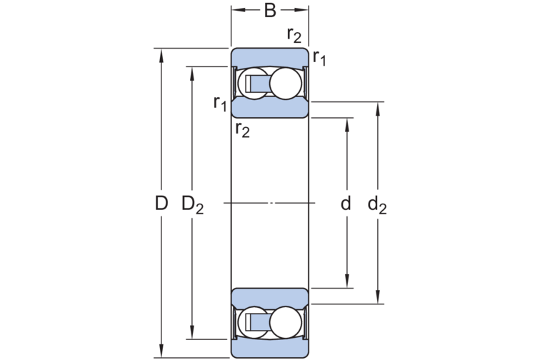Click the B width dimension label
click(x=270, y=10)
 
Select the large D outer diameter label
click(x=161, y=203)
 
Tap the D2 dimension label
click(x=193, y=204)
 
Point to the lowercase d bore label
click(x=346, y=204)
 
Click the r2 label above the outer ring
click(x=294, y=35)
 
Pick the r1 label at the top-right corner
click(x=319, y=58)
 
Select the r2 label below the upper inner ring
click(x=242, y=130)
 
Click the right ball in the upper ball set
click(x=286, y=84)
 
